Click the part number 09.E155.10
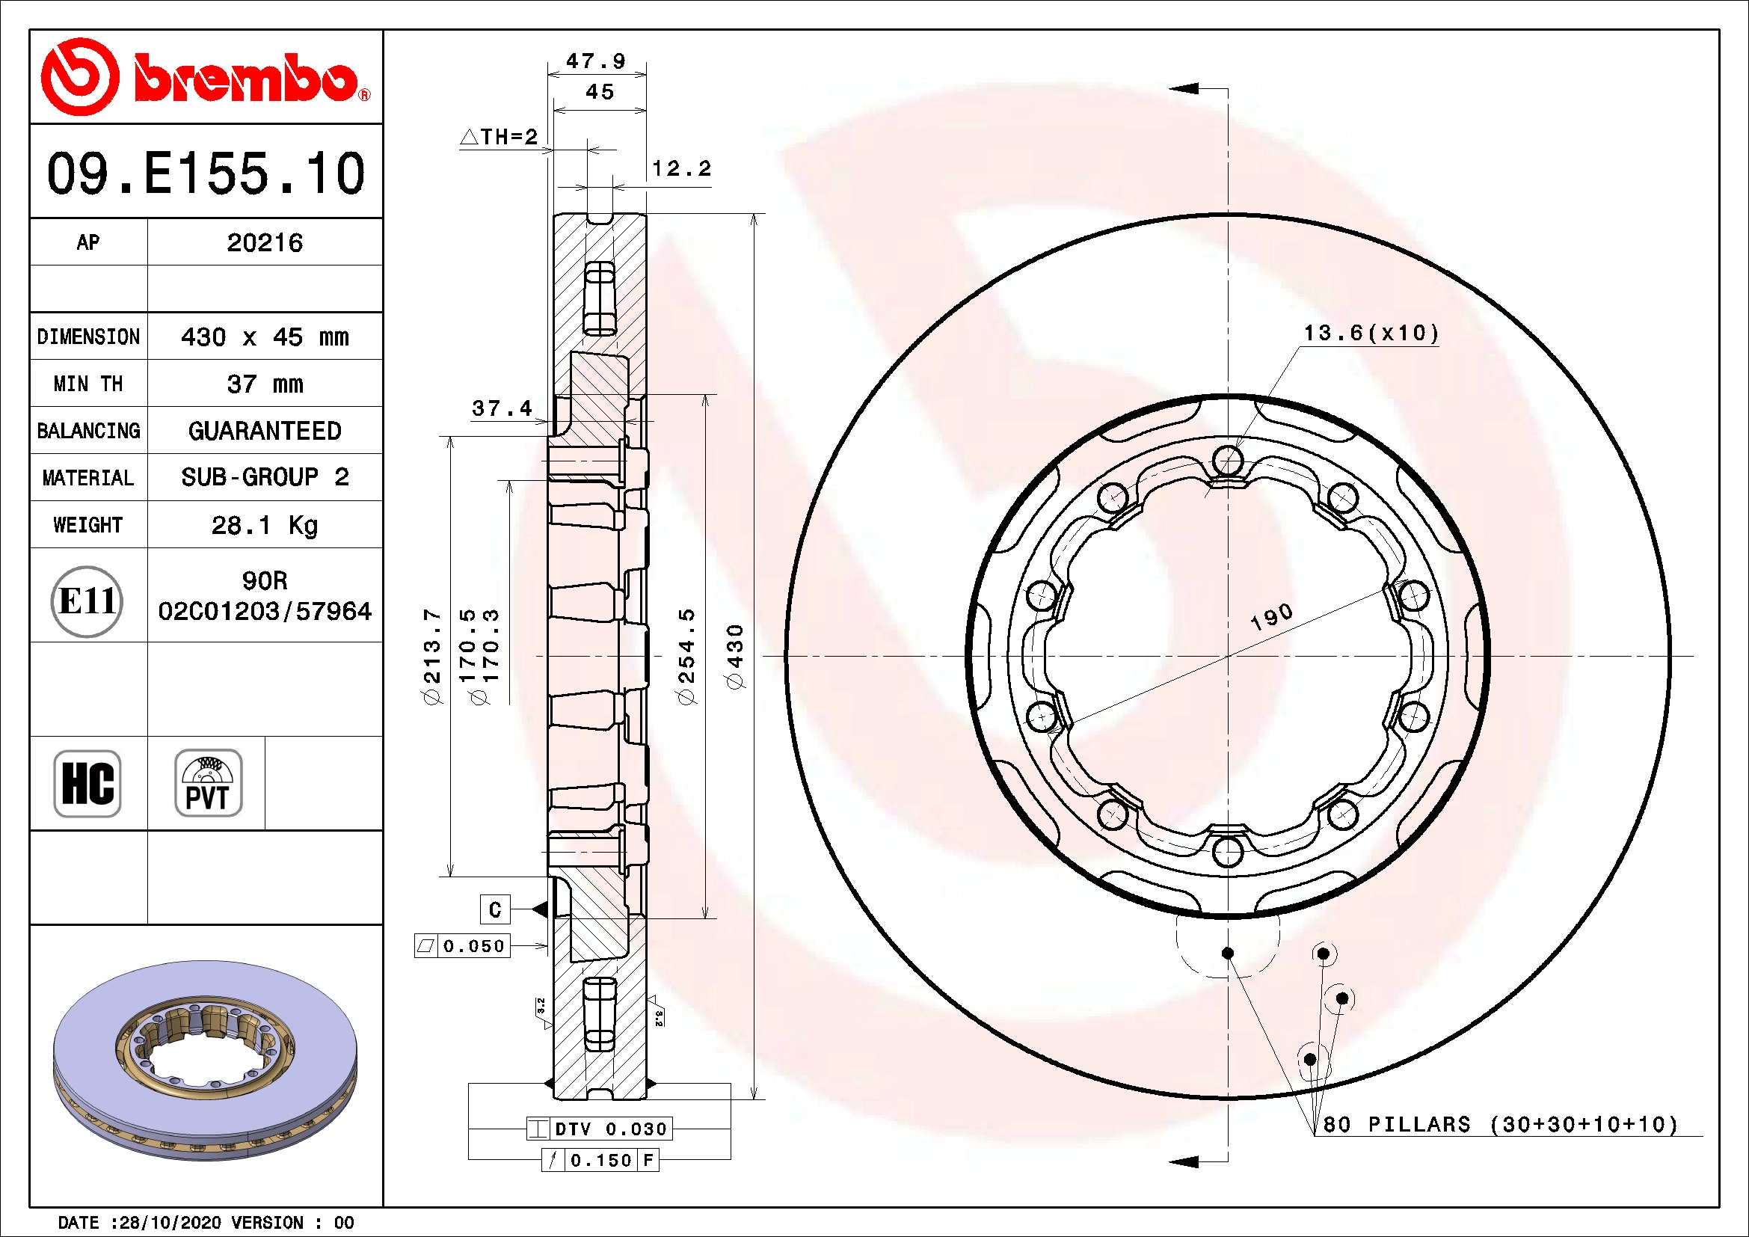206,173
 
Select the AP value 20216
264,243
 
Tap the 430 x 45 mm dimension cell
264,337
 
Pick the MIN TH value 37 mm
264,384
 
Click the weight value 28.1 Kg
264,525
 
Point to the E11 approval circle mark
87,601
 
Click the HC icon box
87,783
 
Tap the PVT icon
208,783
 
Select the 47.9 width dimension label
596,61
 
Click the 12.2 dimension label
682,168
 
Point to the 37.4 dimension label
502,409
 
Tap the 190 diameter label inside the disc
1271,617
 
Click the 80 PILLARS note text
1499,1124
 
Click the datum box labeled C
494,909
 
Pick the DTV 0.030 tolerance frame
600,1129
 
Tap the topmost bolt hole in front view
1227,460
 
